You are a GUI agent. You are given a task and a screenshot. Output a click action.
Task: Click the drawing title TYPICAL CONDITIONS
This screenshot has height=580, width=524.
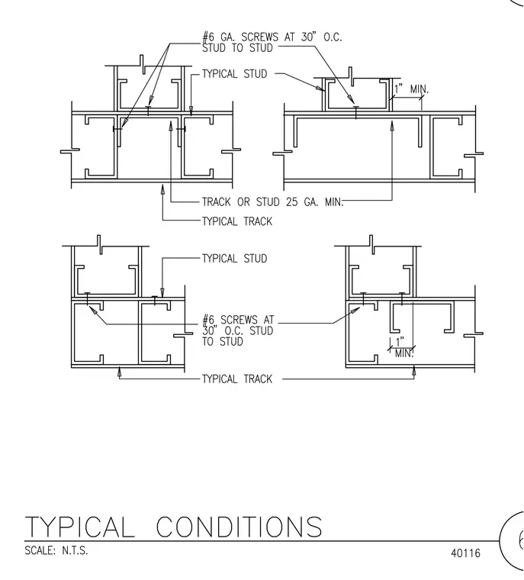coord(173,527)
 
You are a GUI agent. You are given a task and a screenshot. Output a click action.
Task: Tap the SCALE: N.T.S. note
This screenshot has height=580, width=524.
coord(56,550)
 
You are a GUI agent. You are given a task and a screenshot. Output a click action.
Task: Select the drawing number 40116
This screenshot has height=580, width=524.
coord(465,553)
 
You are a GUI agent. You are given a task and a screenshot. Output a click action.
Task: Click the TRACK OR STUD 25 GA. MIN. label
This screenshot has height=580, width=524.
coord(273,202)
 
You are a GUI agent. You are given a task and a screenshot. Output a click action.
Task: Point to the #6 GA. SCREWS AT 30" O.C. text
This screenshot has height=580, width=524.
coord(272,37)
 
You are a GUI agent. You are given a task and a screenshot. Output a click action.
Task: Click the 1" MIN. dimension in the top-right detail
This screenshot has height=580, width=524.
coord(411,89)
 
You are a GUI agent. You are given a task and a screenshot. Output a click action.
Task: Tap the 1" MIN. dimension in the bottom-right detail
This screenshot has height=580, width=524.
coord(403,347)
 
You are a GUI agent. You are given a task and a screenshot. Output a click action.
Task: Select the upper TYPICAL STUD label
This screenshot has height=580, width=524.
coord(234,74)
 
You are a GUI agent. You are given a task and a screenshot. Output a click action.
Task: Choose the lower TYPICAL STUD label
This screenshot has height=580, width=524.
coord(234,259)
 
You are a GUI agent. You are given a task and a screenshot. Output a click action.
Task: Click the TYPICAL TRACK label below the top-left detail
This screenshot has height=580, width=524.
coord(237,221)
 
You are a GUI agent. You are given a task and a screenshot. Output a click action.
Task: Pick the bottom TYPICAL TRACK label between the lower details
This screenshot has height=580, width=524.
coord(237,379)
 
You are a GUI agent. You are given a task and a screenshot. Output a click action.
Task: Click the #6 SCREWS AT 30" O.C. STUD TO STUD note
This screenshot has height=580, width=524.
coord(238,330)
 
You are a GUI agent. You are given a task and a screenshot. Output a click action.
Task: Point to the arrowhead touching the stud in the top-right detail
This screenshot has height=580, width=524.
coord(320,88)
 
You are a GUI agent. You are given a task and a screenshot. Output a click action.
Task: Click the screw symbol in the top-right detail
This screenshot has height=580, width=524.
coord(356,112)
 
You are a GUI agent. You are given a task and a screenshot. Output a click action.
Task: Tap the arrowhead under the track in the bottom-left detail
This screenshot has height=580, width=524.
coord(119,372)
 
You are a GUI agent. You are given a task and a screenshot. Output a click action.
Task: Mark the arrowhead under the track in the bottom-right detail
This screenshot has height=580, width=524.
coord(414,372)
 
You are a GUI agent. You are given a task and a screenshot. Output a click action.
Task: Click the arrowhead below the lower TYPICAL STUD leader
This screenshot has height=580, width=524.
coord(162,293)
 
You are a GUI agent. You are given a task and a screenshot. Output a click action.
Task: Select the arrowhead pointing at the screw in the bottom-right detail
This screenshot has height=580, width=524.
coord(355,310)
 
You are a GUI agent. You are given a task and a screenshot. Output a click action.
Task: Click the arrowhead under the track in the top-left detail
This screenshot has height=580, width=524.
coord(162,189)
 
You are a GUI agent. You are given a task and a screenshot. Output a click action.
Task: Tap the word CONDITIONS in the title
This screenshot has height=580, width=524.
coord(239,527)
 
